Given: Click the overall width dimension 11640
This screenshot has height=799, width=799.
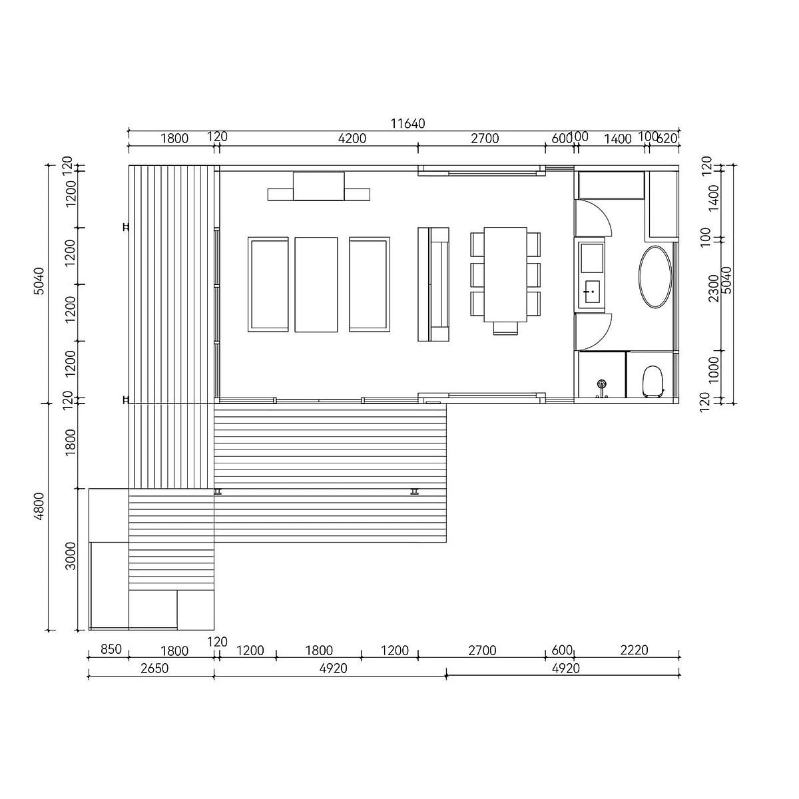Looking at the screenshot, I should tap(407, 123).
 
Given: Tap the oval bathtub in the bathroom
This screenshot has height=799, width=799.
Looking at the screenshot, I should tap(656, 277).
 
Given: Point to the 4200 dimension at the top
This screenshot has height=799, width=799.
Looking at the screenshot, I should tap(352, 138).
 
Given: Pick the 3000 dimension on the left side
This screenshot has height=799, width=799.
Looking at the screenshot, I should tap(71, 556).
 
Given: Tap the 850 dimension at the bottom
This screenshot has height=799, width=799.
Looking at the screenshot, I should tap(110, 650).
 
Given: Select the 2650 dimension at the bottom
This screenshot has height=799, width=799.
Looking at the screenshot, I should tap(154, 668).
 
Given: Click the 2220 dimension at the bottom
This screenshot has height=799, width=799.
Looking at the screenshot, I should tap(633, 650).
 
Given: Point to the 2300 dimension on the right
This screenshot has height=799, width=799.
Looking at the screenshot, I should tap(713, 288).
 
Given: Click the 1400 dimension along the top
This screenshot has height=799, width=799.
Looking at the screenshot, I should tap(617, 138).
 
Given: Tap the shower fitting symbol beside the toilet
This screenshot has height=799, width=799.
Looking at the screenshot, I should tap(602, 386).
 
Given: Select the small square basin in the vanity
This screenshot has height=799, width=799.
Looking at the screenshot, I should tap(591, 291).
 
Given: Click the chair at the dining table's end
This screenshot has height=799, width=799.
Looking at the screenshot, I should tap(505, 326).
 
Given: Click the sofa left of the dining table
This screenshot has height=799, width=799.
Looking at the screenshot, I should tap(433, 284).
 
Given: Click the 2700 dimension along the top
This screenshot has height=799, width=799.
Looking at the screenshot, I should tap(485, 138).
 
